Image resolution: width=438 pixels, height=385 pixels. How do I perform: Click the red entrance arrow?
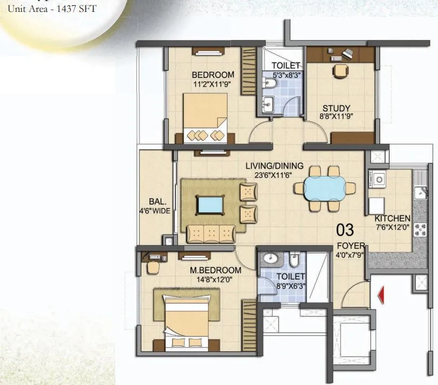pos(381,295)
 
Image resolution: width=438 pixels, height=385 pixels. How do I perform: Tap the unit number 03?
pos(345,230)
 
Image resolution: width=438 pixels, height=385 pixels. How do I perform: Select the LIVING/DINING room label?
pos(275,165)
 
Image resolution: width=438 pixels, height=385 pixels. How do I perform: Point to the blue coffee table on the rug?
pos(210,205)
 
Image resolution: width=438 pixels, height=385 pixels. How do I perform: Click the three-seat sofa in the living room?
pos(211,234)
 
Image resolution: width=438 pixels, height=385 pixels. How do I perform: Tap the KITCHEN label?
pos(393,218)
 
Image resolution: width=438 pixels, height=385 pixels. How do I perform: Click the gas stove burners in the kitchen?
pos(420,229)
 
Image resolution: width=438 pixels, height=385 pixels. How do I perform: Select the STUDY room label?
pos(336,108)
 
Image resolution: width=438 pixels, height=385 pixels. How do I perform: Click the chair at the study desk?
pos(341,71)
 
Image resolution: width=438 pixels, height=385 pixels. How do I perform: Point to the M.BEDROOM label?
pos(215,270)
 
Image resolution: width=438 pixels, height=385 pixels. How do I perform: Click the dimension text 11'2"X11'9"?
pos(213,84)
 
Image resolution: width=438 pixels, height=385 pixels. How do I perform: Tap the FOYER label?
pos(351,246)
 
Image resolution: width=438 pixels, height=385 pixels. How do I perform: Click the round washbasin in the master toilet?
pos(270,258)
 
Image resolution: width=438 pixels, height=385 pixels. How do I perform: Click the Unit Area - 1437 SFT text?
pos(52,9)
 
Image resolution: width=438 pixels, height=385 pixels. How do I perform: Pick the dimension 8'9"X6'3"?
pos(291,286)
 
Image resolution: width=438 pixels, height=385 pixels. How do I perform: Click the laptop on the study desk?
pos(348,53)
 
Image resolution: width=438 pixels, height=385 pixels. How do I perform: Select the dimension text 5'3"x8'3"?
pos(286,75)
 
